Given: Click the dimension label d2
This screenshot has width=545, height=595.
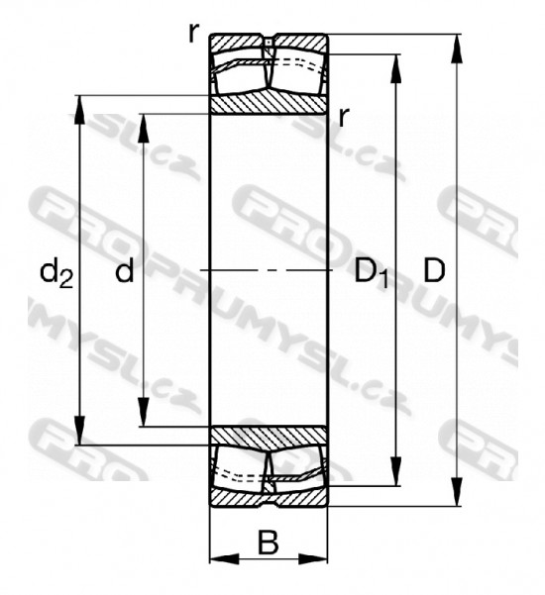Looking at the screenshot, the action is tap(56, 272).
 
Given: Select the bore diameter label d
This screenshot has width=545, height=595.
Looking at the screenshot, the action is tap(125, 270).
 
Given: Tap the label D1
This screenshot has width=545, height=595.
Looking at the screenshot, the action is tap(371, 272).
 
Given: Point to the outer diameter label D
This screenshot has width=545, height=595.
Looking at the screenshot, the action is tap(434, 270).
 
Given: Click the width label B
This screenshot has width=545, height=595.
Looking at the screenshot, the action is tap(269, 543).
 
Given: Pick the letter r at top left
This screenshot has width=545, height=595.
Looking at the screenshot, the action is tap(193, 33).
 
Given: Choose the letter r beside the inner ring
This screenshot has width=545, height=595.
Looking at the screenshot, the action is tap(343, 117).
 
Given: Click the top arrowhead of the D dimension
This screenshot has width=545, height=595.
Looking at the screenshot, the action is tap(456, 49).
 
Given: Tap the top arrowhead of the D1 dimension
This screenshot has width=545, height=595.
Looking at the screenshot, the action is tap(395, 68).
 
